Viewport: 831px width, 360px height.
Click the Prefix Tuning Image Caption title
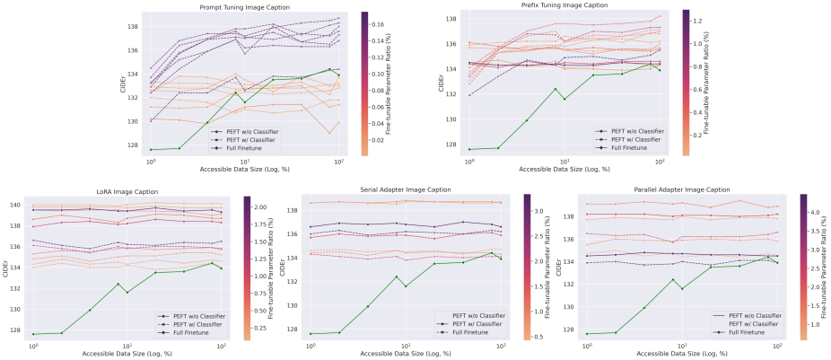[564, 6]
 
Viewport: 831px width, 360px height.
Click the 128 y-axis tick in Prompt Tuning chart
[133, 145]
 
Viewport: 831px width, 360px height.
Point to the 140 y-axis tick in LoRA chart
[15, 206]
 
